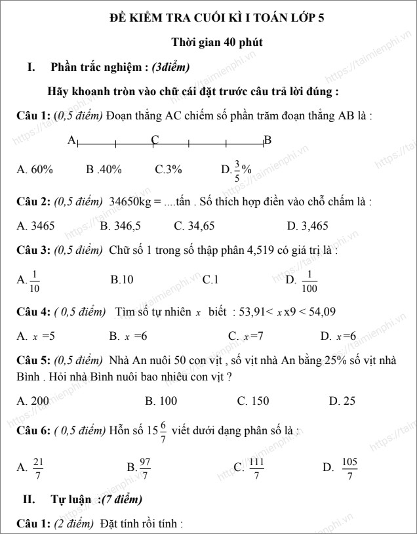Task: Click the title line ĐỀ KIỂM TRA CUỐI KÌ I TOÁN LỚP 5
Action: (x=216, y=18)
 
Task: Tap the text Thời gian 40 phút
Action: (x=217, y=43)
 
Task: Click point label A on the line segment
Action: (x=71, y=140)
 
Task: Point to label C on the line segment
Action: (x=155, y=139)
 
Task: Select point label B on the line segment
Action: (x=268, y=140)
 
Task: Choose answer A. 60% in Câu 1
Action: (x=35, y=169)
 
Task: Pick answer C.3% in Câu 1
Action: (x=169, y=169)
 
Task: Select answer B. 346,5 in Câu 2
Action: (x=121, y=226)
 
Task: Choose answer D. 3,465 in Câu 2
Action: (x=308, y=226)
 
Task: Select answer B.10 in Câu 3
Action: (x=122, y=279)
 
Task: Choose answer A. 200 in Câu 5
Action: (x=33, y=400)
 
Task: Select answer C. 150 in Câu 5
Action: (x=252, y=400)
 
